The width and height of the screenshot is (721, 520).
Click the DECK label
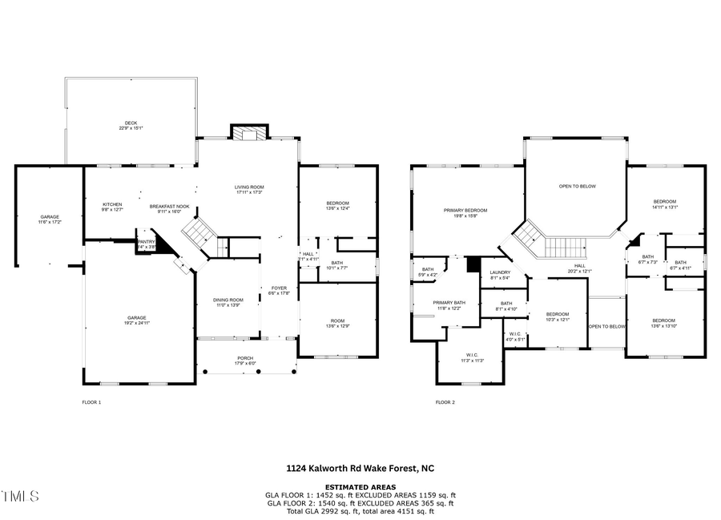tap(131, 123)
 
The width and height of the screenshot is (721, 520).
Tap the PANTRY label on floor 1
tap(146, 241)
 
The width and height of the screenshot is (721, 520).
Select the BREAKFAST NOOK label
tap(169, 206)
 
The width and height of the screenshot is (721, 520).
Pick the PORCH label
tap(244, 358)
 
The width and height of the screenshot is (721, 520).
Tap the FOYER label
tap(279, 288)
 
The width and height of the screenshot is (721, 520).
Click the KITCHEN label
tap(112, 204)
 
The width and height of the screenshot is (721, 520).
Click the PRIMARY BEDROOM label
tap(465, 210)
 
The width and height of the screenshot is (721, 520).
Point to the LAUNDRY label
tap(501, 272)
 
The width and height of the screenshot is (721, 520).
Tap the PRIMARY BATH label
tap(448, 303)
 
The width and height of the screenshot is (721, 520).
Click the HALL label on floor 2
tap(579, 266)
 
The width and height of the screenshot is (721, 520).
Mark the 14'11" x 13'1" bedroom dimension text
tap(665, 207)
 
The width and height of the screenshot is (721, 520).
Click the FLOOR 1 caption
tap(91, 402)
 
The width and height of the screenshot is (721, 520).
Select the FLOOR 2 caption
tap(445, 402)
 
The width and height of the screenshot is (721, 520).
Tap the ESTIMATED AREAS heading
tap(360, 487)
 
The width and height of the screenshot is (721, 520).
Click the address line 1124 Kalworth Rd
tap(360, 468)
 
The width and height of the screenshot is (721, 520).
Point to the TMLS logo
tap(20, 497)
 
